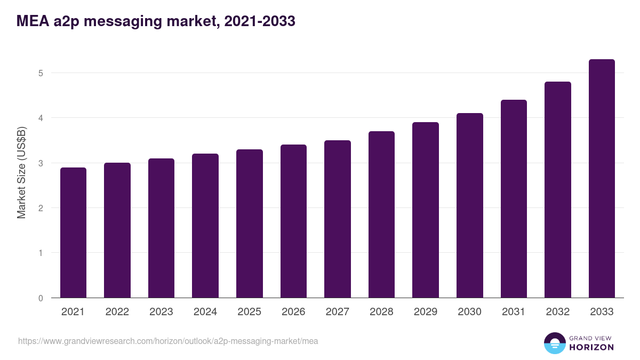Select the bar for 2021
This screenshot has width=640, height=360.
(73, 233)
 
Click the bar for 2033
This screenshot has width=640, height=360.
(602, 179)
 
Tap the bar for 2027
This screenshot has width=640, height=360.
(338, 219)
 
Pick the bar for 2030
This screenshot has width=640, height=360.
(470, 205)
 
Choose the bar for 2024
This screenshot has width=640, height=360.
(205, 226)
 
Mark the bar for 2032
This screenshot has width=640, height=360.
(558, 190)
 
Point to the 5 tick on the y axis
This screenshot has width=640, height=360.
(40, 73)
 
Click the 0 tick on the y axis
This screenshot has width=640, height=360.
(40, 298)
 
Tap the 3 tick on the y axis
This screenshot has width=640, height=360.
(40, 163)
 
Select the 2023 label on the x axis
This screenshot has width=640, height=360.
(161, 312)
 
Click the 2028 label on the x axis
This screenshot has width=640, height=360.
(381, 312)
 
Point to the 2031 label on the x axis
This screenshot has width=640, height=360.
(514, 312)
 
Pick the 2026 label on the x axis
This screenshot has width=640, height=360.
(293, 312)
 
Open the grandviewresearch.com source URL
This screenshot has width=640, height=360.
(168, 341)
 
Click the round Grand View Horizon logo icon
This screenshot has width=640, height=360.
(555, 343)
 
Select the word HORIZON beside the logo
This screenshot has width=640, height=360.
(591, 347)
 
